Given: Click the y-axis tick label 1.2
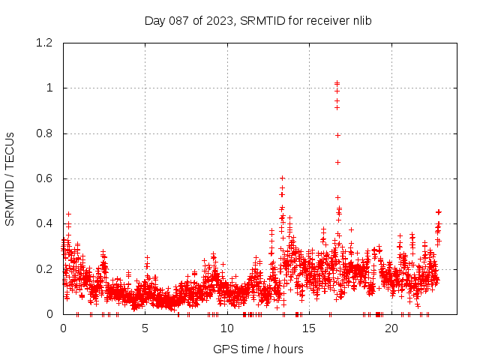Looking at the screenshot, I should tap(46, 43).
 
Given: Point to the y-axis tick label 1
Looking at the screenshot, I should tap(50, 88).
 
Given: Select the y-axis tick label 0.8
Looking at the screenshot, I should tap(46, 133).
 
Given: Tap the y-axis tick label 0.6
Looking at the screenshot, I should tap(46, 178).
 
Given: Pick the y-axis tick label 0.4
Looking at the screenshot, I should tap(46, 223).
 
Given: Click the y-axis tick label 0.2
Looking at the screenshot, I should tap(46, 269).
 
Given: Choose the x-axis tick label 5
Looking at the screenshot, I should tap(145, 328).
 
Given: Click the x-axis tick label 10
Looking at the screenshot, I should tap(227, 328).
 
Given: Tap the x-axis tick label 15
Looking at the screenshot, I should tap(310, 328).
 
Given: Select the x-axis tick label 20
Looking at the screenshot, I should tap(391, 328).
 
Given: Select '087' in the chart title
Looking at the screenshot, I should tap(178, 20).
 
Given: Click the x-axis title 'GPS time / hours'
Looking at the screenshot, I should tap(258, 349).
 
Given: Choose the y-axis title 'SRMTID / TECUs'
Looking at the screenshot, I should tap(10, 178).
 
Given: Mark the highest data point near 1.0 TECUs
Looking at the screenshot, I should tap(337, 83).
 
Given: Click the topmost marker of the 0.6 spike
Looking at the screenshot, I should tap(282, 178).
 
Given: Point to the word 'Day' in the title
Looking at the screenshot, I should tap(155, 20).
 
